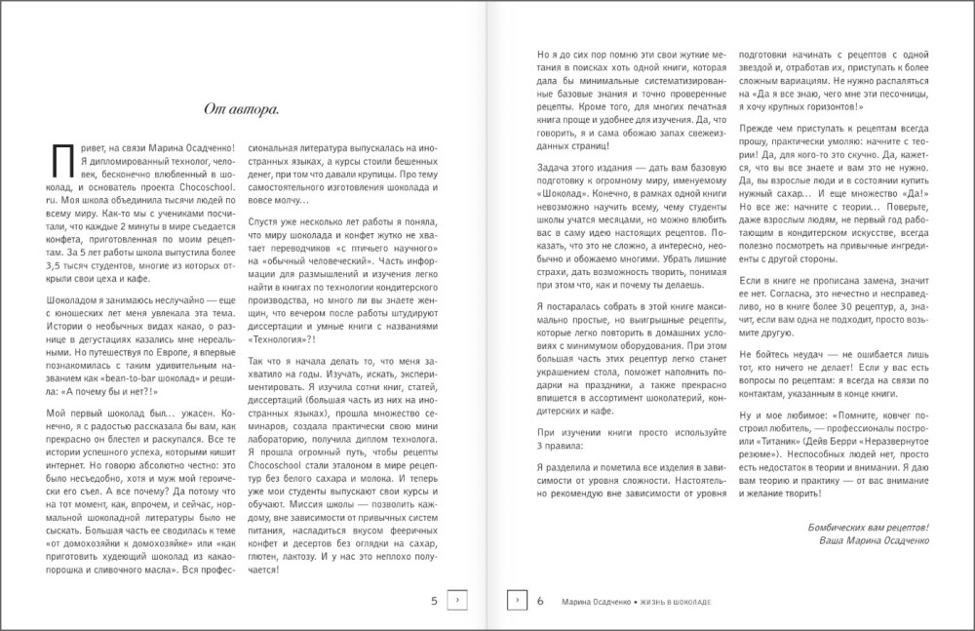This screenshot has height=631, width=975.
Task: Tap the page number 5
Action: [x=434, y=601]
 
